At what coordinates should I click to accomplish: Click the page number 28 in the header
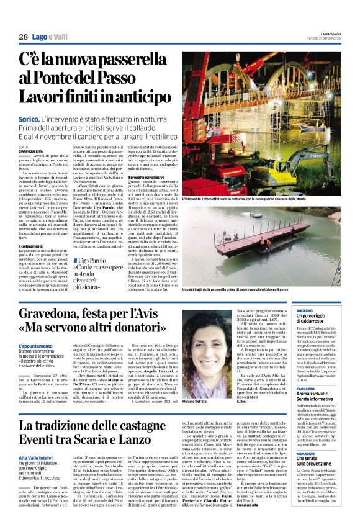tap(23, 38)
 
